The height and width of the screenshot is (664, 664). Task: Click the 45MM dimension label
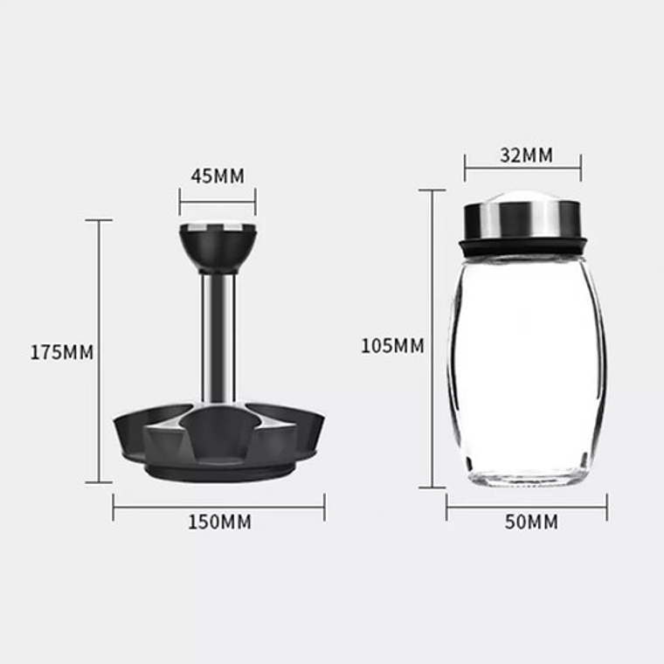tap(218, 176)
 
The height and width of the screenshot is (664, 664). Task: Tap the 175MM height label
tap(61, 353)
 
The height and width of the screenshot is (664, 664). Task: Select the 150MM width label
tap(219, 522)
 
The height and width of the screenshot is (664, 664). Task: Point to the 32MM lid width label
tap(526, 155)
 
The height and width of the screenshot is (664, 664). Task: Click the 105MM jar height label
tap(392, 346)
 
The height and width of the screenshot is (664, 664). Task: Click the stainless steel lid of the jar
tap(522, 219)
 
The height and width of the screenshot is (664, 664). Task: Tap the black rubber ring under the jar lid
tap(522, 247)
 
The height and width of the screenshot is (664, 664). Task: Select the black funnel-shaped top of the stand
tap(218, 247)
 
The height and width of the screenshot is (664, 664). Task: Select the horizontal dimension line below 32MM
tap(522, 168)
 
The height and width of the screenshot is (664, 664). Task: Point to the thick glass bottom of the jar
tap(526, 477)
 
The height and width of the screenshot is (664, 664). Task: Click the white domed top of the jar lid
tap(522, 197)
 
